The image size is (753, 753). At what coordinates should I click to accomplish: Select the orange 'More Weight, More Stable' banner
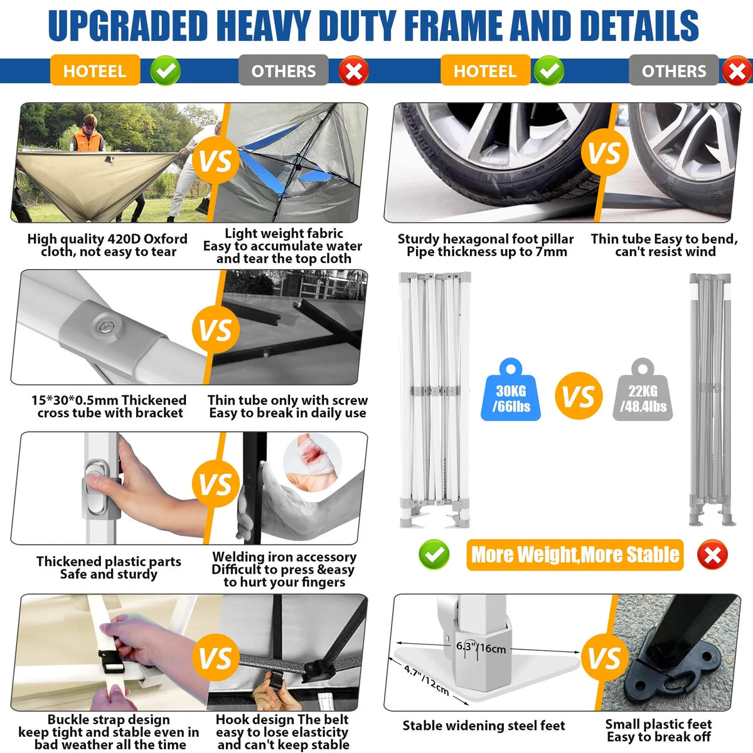tap(575, 555)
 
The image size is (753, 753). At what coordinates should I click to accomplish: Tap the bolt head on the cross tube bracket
tap(105, 326)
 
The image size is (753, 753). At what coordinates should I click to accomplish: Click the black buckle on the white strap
tap(112, 661)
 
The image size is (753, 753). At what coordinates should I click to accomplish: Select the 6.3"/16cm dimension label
tap(481, 648)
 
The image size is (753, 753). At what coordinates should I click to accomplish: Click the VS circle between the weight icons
tap(579, 395)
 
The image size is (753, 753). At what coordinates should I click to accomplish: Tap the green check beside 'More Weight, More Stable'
tap(434, 555)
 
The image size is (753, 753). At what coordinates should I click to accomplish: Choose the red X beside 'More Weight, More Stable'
tap(712, 555)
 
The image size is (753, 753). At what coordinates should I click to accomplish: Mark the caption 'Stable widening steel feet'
tap(484, 725)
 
